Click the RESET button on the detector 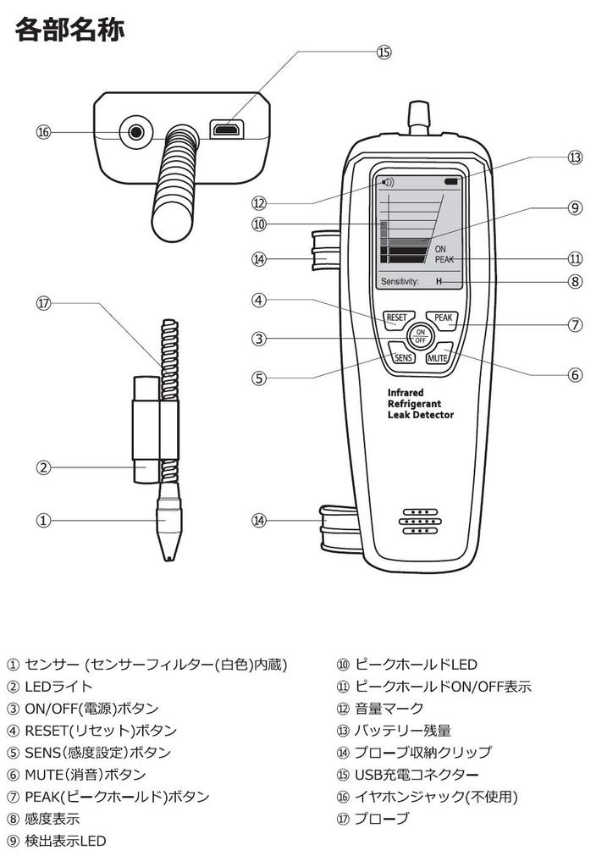tap(396, 319)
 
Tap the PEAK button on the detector tap(441, 319)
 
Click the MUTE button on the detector tap(437, 357)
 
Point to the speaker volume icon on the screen tap(388, 182)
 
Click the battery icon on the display tap(450, 182)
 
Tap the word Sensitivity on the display tap(400, 280)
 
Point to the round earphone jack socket tap(135, 132)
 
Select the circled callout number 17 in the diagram tap(44, 303)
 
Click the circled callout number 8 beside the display tap(575, 281)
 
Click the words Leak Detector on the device tap(420, 415)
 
